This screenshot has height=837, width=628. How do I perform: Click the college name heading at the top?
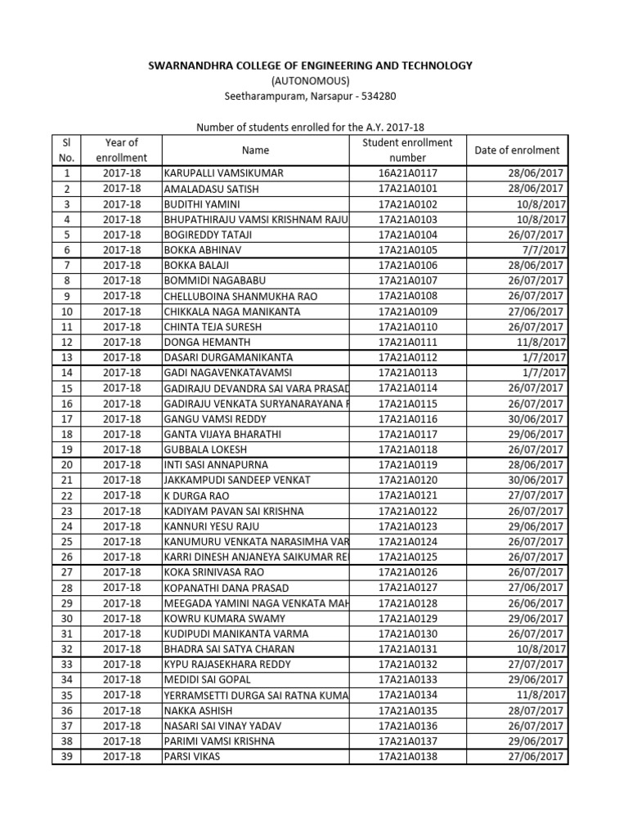tap(309, 65)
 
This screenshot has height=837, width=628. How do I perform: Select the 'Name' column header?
tap(255, 150)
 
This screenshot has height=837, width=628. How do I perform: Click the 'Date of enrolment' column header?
tap(517, 150)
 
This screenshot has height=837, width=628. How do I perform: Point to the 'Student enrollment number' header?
tap(407, 150)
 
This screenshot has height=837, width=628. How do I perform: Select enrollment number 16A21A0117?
tap(407, 173)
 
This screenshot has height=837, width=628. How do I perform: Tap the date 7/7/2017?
tap(547, 250)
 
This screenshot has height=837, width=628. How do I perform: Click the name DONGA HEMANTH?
tap(207, 342)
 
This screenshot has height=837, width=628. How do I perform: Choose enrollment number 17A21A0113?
tap(407, 373)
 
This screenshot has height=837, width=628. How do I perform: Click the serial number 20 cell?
tap(67, 465)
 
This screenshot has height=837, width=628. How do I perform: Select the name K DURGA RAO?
tap(197, 496)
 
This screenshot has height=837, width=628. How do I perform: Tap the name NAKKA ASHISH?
tap(198, 711)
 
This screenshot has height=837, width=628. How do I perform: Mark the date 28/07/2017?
tap(536, 711)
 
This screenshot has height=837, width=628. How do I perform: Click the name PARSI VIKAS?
tap(192, 757)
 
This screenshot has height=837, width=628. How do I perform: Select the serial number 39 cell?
tap(67, 757)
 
